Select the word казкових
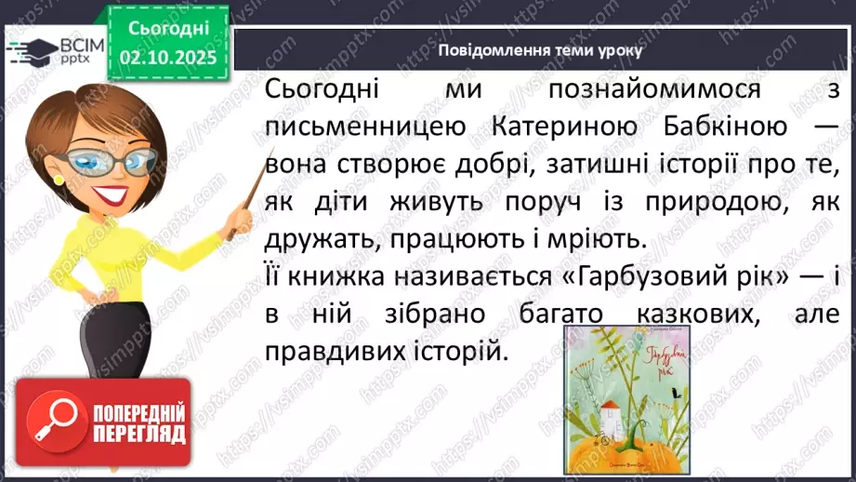[x=685, y=315]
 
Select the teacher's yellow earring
[x=59, y=179]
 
